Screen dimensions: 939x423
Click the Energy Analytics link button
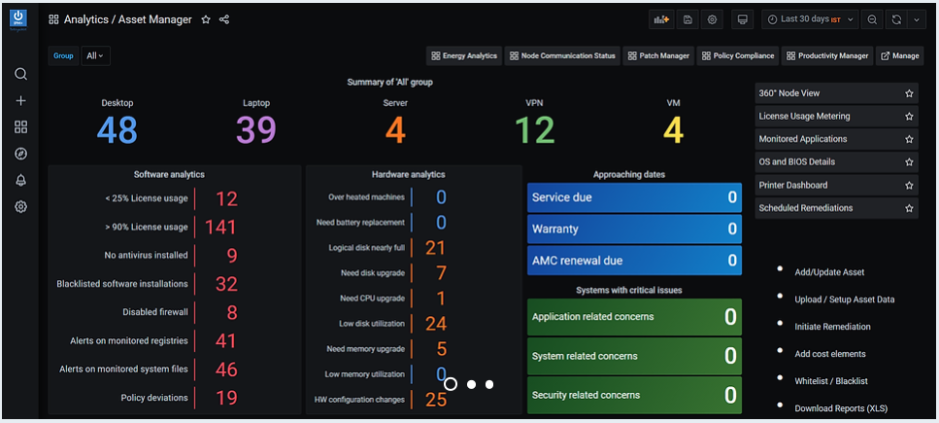tap(464, 55)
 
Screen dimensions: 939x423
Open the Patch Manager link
tap(658, 55)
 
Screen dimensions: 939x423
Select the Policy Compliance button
tap(738, 55)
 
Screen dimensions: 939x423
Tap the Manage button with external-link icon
tap(899, 55)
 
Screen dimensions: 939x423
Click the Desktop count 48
tap(117, 130)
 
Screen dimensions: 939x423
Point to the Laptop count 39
tap(255, 130)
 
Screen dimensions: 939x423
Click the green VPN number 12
tap(535, 130)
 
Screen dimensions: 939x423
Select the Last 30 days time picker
tap(810, 19)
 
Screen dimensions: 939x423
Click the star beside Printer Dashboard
tap(909, 185)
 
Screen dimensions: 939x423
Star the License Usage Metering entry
tap(909, 117)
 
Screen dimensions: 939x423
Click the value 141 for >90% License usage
tap(220, 228)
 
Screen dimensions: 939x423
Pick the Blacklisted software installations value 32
tap(226, 284)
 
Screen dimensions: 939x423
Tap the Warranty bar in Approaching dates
tap(634, 229)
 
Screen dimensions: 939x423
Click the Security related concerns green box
tap(634, 395)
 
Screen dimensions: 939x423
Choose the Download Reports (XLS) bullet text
tap(841, 408)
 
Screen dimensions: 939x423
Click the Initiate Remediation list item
tap(832, 327)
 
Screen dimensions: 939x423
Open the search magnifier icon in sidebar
tap(21, 75)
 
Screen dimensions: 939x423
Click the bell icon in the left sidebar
tap(21, 180)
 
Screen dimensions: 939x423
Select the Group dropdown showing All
tap(96, 55)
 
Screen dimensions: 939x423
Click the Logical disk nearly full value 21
tap(436, 248)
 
